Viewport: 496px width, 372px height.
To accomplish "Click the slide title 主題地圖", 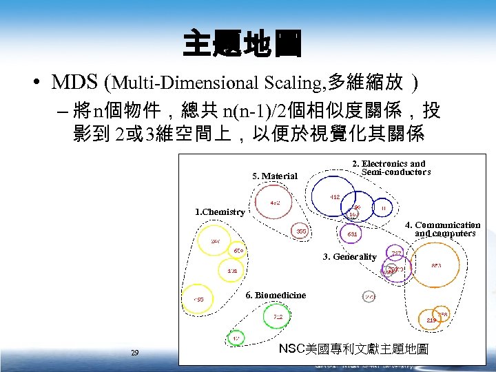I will coord(242,45).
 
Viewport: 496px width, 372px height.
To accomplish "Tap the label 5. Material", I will coord(275,176).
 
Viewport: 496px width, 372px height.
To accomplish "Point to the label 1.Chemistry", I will coord(220,212).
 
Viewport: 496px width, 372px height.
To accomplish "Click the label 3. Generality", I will coord(350,257).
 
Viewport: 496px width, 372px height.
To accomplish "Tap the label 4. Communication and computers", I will coord(442,229).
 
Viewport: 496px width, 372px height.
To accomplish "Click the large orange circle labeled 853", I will coord(436,265).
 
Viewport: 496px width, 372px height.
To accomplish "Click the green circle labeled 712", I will coord(277,316).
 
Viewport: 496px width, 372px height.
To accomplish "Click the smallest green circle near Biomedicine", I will coord(236,338).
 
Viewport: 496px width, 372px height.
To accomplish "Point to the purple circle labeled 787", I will coord(397,254).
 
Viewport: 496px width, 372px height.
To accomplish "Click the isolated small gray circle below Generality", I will coord(369,296).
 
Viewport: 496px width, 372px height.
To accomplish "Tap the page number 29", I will coord(135,353).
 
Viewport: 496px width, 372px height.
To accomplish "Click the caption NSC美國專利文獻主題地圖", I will coord(353,349).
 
